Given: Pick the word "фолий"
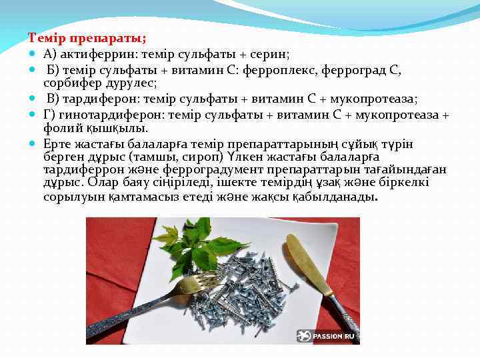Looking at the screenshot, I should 58,128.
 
